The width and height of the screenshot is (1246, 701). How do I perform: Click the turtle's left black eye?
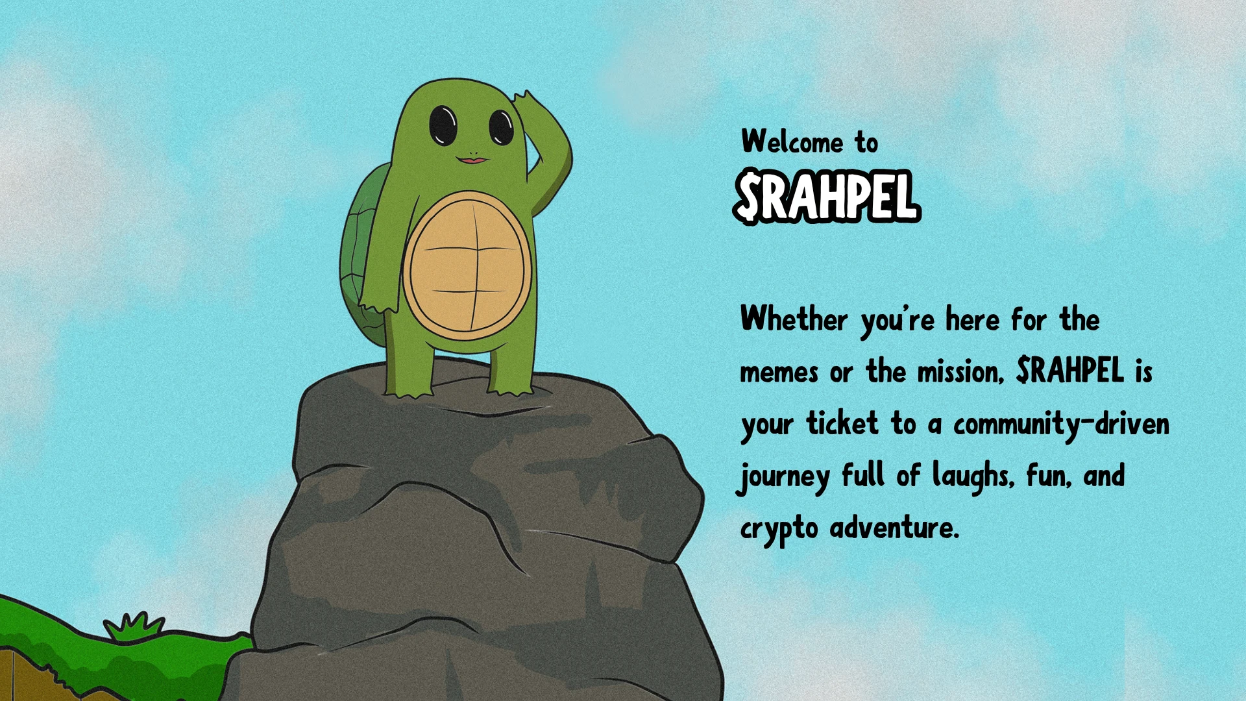click(x=443, y=125)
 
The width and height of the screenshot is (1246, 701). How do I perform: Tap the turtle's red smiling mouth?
click(x=472, y=159)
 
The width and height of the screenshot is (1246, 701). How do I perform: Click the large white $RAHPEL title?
click(x=827, y=197)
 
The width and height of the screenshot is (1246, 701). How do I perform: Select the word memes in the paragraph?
click(x=779, y=373)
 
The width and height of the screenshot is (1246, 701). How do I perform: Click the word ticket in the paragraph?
click(x=842, y=423)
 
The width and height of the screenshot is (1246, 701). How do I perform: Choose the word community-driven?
click(x=1061, y=424)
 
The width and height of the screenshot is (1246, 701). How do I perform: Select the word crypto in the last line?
click(x=779, y=529)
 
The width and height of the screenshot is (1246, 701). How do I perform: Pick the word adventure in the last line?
click(x=894, y=526)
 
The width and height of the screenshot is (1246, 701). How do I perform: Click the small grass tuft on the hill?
click(x=134, y=626)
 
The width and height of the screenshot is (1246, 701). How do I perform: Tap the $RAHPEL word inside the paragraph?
click(x=1070, y=371)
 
